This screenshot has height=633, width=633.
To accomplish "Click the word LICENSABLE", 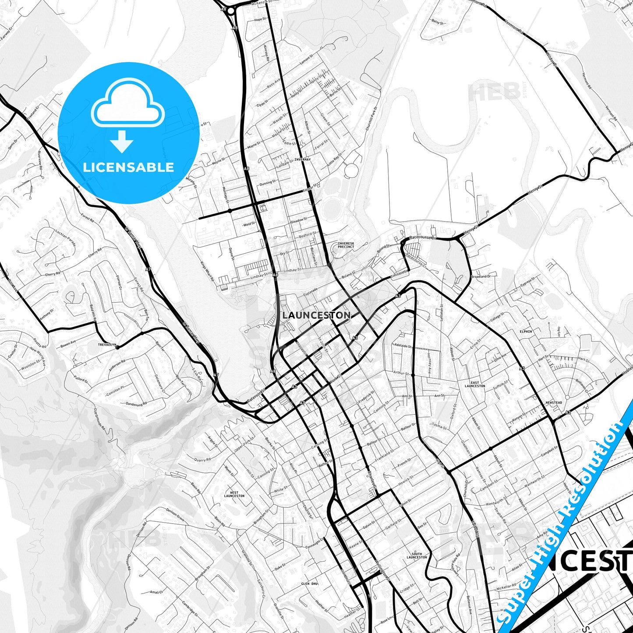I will pyautogui.click(x=128, y=167).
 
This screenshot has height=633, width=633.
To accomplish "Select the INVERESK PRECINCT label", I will pyautogui.click(x=346, y=245).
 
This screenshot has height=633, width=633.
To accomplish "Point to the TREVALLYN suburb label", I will pyautogui.click(x=107, y=345).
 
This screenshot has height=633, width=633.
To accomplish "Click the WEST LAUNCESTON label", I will pyautogui.click(x=234, y=495).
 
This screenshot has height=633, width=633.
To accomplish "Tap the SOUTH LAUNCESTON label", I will pyautogui.click(x=417, y=555).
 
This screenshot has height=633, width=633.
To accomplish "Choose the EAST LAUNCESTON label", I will pyautogui.click(x=475, y=384).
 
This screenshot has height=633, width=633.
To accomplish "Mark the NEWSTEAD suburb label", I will pyautogui.click(x=554, y=403).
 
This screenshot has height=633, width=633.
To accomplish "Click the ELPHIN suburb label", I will pyautogui.click(x=526, y=332).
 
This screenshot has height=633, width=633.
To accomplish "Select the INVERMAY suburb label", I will pyautogui.click(x=302, y=159).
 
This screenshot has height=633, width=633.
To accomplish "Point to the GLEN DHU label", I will pyautogui.click(x=309, y=584).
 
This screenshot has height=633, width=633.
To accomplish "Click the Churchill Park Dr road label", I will pyautogui.click(x=371, y=119).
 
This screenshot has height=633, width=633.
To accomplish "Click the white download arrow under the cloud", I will pyautogui.click(x=122, y=141).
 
